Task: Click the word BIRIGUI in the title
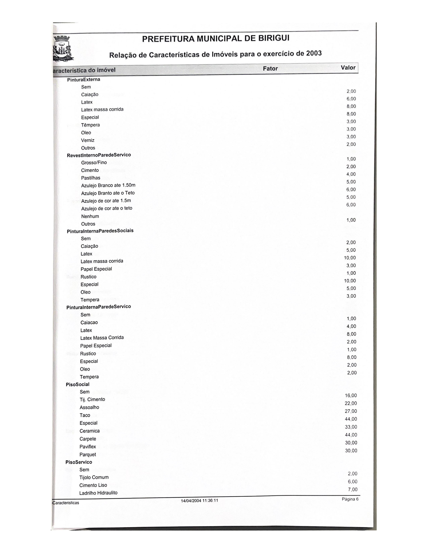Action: click(274, 38)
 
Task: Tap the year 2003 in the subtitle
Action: click(314, 53)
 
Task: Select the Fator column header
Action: click(270, 69)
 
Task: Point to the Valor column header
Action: click(348, 68)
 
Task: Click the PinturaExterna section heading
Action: click(84, 79)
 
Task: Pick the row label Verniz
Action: click(88, 140)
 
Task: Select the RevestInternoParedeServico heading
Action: click(99, 155)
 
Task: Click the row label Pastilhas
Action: click(91, 178)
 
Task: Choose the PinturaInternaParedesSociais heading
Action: click(100, 231)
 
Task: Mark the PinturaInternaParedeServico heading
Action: click(98, 307)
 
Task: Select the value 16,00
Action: click(351, 395)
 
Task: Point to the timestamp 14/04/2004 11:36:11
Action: click(199, 501)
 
